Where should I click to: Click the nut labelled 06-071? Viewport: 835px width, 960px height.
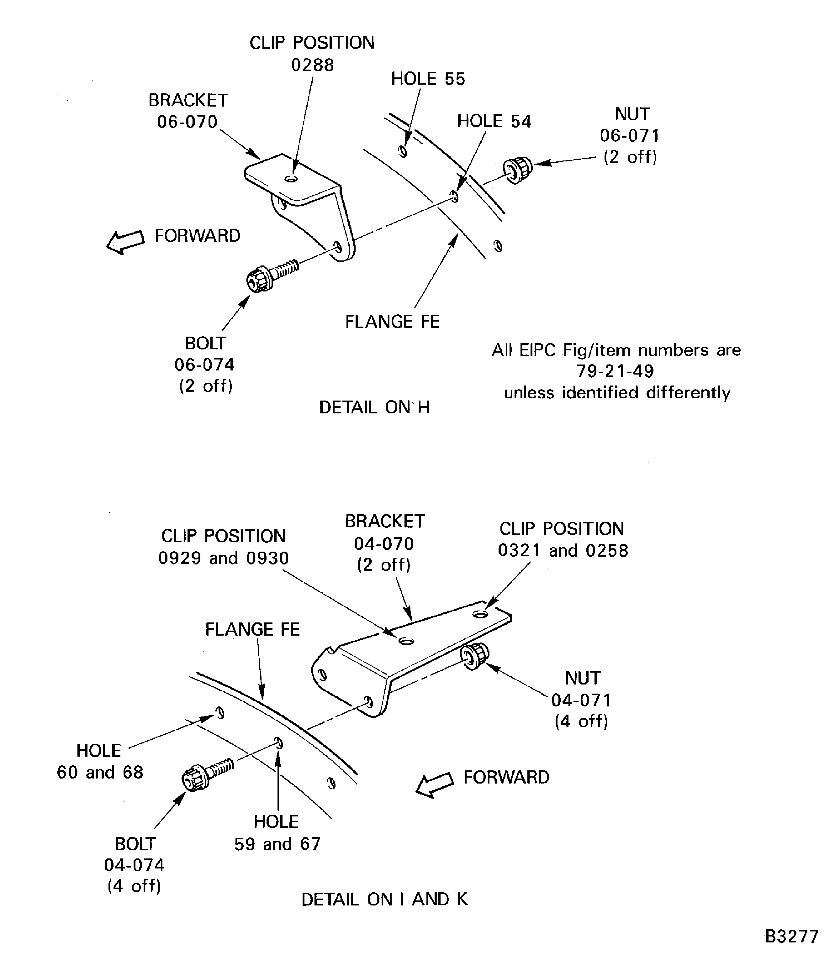[518, 171]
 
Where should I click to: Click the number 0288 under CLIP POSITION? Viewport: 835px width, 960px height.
[312, 65]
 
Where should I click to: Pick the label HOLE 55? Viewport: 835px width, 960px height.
[428, 79]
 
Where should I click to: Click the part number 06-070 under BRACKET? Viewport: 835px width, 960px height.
[187, 122]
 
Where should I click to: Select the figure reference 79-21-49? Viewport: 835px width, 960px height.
[615, 371]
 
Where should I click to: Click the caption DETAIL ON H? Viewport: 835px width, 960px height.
[374, 407]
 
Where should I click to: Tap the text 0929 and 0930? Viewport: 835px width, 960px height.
[224, 558]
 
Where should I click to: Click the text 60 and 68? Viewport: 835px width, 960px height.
[100, 772]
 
